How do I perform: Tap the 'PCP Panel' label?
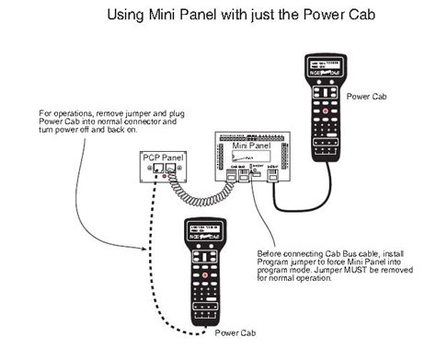tap(161, 158)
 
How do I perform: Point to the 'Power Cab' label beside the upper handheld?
tap(368, 96)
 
